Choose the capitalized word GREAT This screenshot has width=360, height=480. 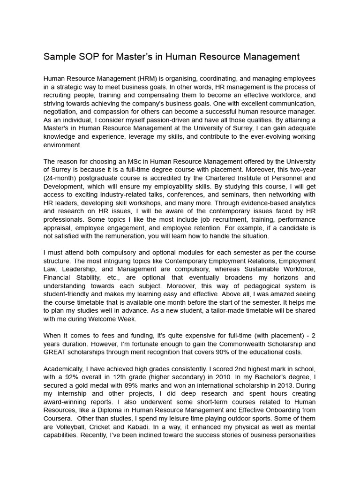(55, 352)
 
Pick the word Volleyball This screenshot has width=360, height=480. (71, 427)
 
